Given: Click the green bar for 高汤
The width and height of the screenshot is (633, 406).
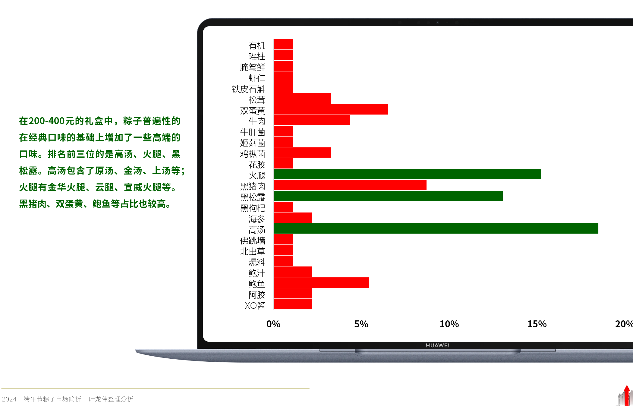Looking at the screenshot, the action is click(436, 228).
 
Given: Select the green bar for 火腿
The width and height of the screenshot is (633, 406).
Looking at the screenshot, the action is click(407, 174).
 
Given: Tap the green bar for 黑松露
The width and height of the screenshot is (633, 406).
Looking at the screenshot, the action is click(388, 196).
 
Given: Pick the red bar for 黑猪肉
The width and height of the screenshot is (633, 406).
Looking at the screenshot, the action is click(350, 185).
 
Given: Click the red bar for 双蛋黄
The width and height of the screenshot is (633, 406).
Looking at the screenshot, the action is click(331, 109).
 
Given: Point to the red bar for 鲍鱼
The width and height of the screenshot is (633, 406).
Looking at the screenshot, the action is click(321, 283).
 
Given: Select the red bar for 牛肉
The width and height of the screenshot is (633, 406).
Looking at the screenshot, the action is click(312, 120).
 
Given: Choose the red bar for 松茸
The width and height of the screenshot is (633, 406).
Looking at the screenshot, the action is click(302, 99).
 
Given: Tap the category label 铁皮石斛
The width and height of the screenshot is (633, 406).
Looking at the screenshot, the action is click(248, 89).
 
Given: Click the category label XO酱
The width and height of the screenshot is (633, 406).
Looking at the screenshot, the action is click(255, 306).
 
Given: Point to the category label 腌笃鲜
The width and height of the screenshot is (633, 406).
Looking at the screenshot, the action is click(253, 67).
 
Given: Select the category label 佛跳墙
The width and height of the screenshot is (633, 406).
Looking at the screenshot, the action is click(253, 241).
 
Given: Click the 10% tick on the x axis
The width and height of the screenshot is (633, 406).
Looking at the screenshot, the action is click(449, 324).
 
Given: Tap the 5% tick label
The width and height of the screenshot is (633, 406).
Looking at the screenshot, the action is click(361, 324).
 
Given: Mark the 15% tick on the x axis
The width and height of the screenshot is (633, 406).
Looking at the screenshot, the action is click(537, 324).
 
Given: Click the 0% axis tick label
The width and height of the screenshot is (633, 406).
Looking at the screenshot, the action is click(273, 324).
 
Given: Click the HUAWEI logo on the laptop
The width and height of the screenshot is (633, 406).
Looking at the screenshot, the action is click(438, 345).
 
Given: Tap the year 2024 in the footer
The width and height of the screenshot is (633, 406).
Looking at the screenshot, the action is click(9, 399).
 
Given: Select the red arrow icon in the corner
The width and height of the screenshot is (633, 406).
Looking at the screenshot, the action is click(626, 395).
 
